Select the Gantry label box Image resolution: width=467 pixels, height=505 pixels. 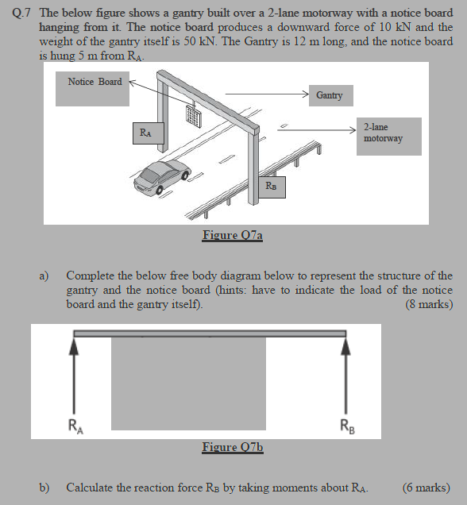(x=330, y=95)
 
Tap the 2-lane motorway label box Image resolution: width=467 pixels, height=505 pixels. (x=384, y=133)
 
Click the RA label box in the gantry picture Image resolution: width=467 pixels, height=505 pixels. (x=146, y=133)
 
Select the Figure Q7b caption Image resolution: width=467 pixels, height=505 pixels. (x=232, y=448)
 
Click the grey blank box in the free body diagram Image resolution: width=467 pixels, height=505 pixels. (x=188, y=384)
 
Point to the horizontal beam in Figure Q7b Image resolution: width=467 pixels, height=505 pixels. (x=210, y=333)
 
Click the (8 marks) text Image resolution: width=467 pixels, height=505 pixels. (x=428, y=305)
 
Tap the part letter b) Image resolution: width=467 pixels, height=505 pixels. (x=45, y=488)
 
